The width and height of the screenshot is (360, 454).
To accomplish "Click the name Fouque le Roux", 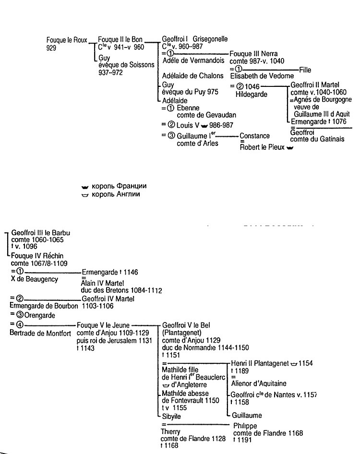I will [67, 40].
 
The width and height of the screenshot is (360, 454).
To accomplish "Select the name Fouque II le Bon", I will [120, 39].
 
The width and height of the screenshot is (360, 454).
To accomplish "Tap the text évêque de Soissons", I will [122, 65].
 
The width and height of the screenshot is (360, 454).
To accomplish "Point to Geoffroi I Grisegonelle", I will [195, 39].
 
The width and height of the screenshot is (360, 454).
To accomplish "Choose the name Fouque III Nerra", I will [254, 54].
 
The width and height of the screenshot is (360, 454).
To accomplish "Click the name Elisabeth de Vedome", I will [262, 76].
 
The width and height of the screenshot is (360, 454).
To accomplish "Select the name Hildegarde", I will [251, 95].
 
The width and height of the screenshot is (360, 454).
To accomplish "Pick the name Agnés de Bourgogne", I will [323, 100].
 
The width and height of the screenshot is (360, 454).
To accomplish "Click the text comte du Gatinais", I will [317, 139].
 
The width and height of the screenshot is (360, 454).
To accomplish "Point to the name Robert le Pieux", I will [262, 148].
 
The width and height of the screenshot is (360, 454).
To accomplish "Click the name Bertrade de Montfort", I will [40, 333].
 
